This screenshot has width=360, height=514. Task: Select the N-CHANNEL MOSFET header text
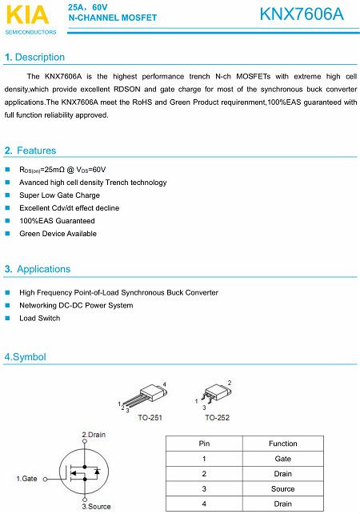113,17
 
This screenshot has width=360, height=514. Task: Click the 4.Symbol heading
26,357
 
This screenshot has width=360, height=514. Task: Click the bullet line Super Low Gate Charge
59,195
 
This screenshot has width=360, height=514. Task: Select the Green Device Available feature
58,234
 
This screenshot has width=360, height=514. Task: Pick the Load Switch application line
39,318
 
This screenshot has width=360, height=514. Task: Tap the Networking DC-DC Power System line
76,305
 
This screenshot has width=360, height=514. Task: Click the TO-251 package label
150,418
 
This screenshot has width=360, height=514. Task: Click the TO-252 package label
217,418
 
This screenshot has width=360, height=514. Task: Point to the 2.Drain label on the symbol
94,435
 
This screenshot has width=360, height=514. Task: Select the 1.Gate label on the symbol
27,479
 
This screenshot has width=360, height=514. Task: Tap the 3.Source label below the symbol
96,506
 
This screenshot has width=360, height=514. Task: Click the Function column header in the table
282,444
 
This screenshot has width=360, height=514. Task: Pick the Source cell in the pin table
282,488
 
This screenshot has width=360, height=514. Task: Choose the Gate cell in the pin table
282,459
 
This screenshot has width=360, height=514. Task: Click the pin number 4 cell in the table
204,504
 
